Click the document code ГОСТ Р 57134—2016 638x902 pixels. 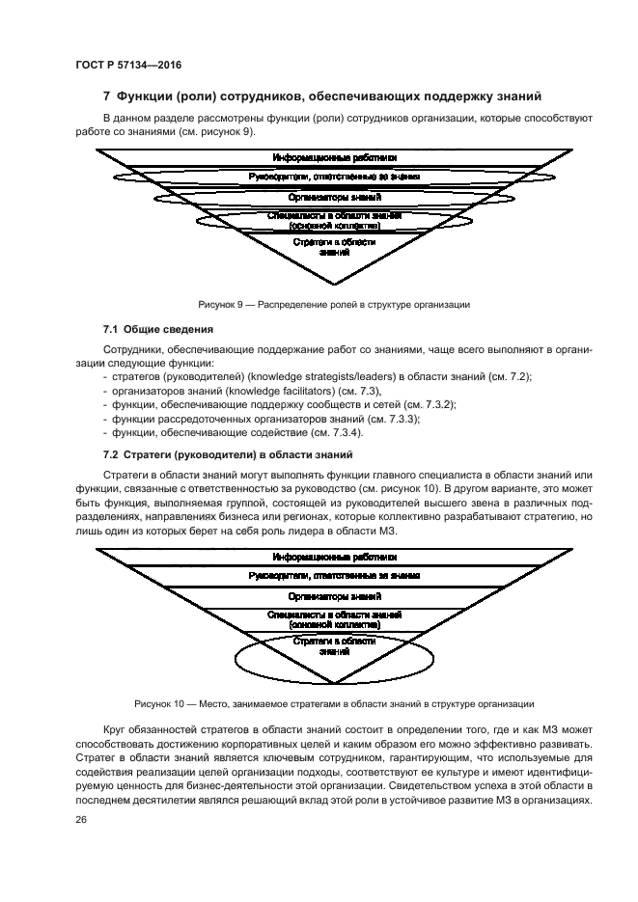pos(128,65)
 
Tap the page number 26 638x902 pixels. pos(80,820)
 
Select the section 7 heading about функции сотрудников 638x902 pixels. pos(322,96)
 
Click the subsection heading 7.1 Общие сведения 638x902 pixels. pos(157,330)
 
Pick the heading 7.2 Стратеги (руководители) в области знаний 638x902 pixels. pos(227,455)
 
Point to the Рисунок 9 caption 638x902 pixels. pos(334,305)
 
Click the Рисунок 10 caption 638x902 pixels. pos(334,704)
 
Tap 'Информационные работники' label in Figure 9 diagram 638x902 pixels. pos(334,157)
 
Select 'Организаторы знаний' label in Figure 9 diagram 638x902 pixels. pos(334,198)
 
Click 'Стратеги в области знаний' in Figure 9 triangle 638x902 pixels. pos(334,247)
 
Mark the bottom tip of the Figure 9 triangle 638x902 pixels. pos(334,285)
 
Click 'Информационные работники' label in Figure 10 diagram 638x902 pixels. pos(334,557)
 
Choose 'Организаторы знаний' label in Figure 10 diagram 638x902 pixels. pos(334,596)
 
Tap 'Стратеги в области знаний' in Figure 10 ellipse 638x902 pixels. pos(334,646)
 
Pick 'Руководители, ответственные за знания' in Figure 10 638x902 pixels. pos(334,576)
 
